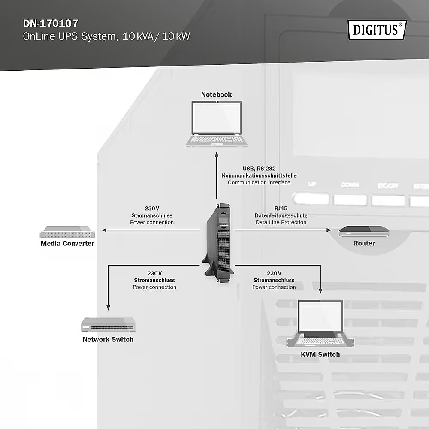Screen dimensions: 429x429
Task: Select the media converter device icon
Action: coord(67,232)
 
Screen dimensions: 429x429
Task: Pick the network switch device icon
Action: coord(109,324)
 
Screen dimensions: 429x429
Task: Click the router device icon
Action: coord(364,232)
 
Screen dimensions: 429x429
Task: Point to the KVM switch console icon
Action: coord(320,324)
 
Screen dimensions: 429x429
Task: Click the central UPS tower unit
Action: coord(219,242)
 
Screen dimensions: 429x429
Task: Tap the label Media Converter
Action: coord(67,244)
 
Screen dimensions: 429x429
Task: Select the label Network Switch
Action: coord(108,340)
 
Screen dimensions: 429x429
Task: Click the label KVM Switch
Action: coord(320,355)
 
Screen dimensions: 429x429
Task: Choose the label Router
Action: coord(364,243)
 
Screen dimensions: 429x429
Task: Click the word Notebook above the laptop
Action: coord(217,94)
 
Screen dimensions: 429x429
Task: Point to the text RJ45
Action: coord(281,208)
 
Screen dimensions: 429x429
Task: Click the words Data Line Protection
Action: coord(281,222)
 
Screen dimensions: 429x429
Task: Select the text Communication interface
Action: coord(259,182)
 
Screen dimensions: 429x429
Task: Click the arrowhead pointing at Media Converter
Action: coord(104,230)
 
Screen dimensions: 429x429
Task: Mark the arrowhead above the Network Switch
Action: coord(108,307)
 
